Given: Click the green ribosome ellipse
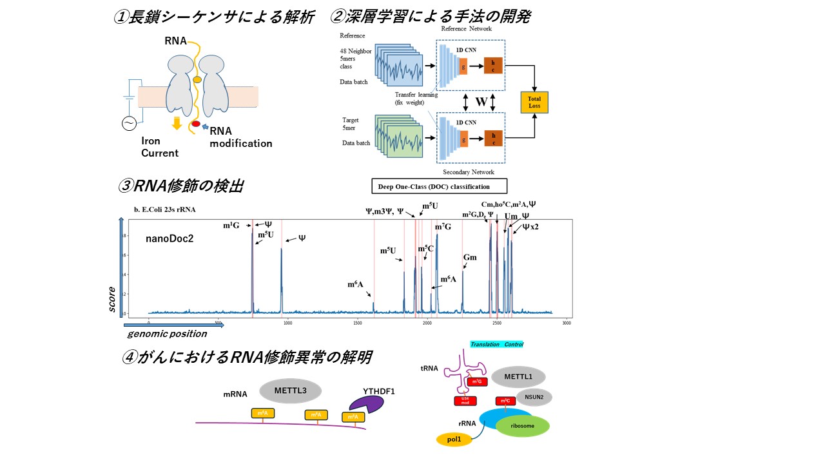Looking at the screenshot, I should pyautogui.click(x=523, y=426).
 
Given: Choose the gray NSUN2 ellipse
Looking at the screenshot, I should pyautogui.click(x=534, y=397).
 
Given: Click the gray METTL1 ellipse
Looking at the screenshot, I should pyautogui.click(x=518, y=377).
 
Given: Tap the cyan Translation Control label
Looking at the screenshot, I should pyautogui.click(x=496, y=345).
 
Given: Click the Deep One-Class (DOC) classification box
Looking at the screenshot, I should pyautogui.click(x=440, y=186).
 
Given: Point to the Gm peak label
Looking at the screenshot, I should pyautogui.click(x=470, y=257).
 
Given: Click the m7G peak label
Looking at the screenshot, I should pyautogui.click(x=443, y=227).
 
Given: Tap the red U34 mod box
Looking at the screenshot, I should pyautogui.click(x=465, y=401).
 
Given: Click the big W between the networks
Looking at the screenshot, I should pyautogui.click(x=481, y=101).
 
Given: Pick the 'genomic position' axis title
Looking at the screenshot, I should pyautogui.click(x=167, y=334).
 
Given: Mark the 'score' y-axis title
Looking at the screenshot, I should pyautogui.click(x=112, y=300).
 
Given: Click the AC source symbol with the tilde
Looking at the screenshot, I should pyautogui.click(x=128, y=123).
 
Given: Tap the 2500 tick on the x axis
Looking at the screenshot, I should pyautogui.click(x=497, y=322).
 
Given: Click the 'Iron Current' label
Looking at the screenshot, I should pyautogui.click(x=160, y=147).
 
